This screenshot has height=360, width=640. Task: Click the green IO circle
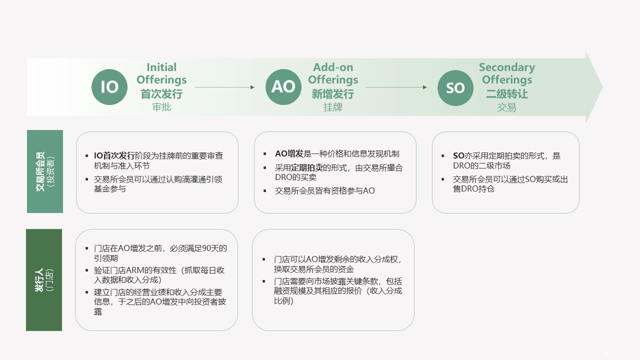(109, 87)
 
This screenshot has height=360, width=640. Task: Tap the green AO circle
(283, 87)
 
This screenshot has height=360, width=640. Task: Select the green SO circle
(455, 87)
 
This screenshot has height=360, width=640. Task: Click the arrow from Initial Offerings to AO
(224, 87)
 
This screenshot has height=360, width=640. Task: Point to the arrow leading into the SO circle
(396, 87)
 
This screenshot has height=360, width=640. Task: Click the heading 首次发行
(161, 93)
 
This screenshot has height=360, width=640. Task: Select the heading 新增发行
(333, 93)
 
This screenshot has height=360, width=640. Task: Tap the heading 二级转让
(507, 93)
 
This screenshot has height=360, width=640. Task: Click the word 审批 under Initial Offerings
(161, 107)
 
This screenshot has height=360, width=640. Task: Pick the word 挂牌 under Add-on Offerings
(333, 107)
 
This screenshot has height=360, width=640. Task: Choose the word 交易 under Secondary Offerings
(506, 107)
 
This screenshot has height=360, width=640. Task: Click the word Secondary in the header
(507, 67)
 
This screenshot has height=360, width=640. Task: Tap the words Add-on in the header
(333, 67)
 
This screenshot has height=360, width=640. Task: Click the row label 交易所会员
(40, 171)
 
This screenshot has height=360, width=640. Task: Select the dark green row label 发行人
(39, 280)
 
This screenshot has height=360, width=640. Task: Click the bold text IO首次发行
(114, 155)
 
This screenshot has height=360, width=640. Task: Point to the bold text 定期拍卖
(306, 167)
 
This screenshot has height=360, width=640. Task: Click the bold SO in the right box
(458, 155)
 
